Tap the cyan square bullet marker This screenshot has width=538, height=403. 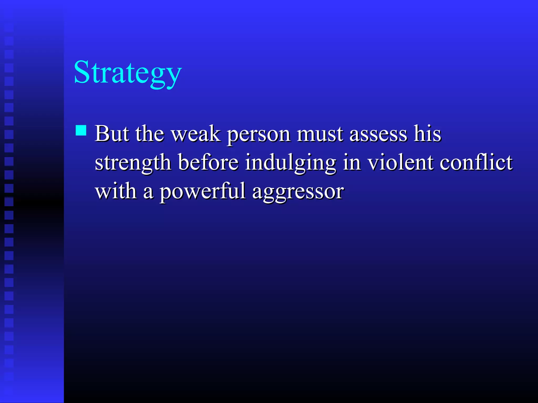click(x=81, y=130)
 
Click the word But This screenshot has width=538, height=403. click(x=112, y=134)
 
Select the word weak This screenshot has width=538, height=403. click(x=196, y=134)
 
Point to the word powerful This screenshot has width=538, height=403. click(x=203, y=192)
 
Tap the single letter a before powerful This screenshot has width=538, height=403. click(x=148, y=192)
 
